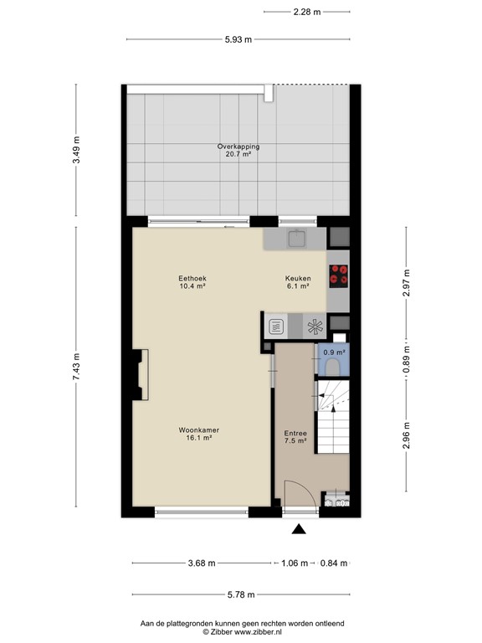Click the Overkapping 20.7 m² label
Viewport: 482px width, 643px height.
click(238, 151)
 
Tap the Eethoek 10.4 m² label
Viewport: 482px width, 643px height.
click(192, 282)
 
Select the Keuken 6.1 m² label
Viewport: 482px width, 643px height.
click(298, 282)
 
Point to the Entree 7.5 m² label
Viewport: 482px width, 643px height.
click(295, 437)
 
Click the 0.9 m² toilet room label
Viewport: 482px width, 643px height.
click(334, 352)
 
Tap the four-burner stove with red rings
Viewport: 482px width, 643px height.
click(338, 275)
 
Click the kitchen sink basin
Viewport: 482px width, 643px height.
click(296, 240)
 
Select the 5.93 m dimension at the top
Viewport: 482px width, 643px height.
click(238, 39)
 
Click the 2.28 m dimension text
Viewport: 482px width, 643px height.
click(307, 11)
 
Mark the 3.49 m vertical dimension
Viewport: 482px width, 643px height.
click(76, 152)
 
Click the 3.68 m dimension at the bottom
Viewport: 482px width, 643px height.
click(202, 563)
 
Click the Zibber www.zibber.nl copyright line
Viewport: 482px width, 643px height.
click(241, 632)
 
